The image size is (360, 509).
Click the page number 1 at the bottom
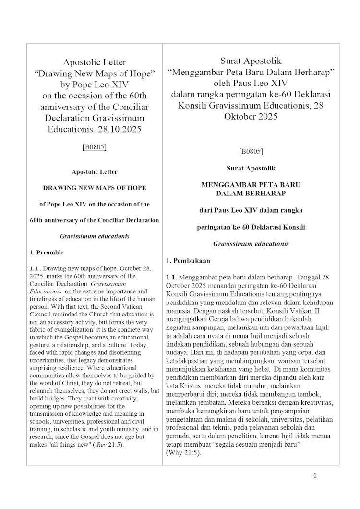click(x=315, y=476)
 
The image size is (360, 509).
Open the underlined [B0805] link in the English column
click(x=95, y=147)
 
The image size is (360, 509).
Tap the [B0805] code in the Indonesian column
click(x=251, y=151)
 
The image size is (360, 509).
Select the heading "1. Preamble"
click(x=47, y=252)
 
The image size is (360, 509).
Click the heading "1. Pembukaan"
click(x=188, y=261)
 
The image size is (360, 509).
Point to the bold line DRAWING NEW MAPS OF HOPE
click(x=95, y=188)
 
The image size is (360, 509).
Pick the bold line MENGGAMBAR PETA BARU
click(x=251, y=184)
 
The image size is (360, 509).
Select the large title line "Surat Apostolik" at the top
click(x=251, y=61)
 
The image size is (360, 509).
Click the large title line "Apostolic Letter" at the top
click(x=95, y=62)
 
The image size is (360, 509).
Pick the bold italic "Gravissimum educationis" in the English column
click(x=95, y=236)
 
